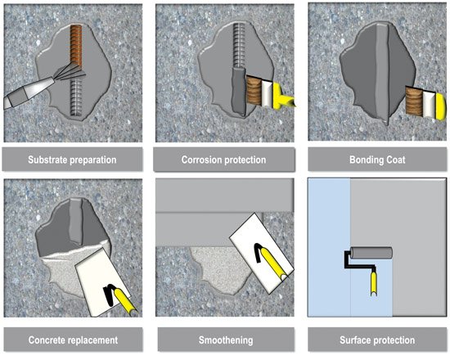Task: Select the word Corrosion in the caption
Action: pos(199,160)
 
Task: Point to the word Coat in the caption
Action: pos(396,160)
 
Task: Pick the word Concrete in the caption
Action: pos(45,340)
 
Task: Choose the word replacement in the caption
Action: pos(92,340)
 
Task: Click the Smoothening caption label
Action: pos(226,340)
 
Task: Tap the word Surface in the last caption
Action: pos(355,340)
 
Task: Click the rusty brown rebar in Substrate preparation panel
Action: pos(76,45)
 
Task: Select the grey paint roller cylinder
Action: pos(371,253)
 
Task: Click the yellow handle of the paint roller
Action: pos(373,284)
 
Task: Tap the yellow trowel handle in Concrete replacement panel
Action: pos(125,301)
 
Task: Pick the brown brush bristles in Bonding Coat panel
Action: pos(414,102)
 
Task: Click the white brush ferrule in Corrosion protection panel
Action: pos(267,93)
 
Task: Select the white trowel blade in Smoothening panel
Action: pos(262,254)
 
